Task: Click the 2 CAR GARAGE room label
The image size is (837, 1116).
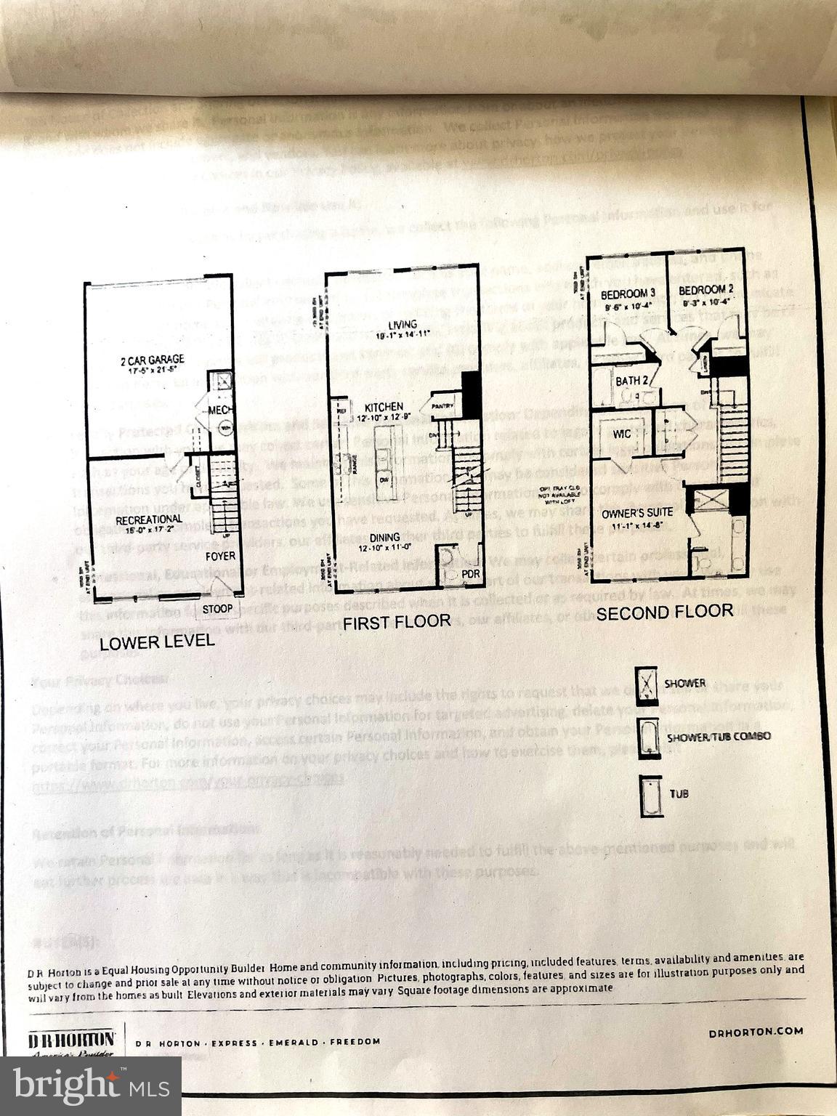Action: (153, 360)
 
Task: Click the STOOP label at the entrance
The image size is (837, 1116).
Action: (217, 608)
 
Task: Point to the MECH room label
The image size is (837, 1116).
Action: (221, 411)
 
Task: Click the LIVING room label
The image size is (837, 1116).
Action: (402, 324)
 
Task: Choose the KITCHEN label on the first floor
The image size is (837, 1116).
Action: (383, 407)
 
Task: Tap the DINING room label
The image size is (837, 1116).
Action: (385, 537)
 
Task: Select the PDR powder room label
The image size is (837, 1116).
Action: (451, 574)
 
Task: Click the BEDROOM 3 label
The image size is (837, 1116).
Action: (628, 294)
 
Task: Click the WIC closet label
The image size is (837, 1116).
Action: (622, 434)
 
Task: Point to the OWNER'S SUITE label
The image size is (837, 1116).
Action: (636, 512)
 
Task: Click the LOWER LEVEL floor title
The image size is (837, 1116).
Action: (157, 642)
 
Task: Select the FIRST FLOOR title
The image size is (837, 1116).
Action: (397, 622)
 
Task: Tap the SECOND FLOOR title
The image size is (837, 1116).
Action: (664, 612)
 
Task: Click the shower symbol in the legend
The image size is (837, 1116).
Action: (644, 683)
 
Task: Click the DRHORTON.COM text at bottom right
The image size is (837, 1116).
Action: (755, 1031)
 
